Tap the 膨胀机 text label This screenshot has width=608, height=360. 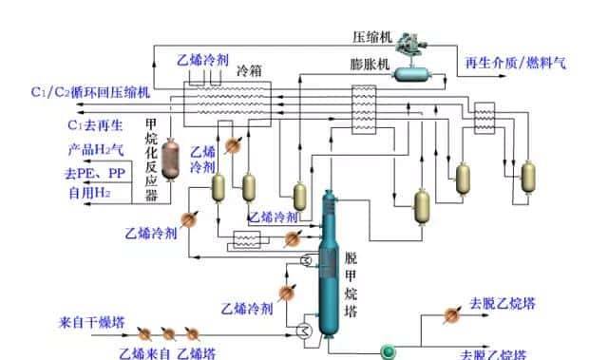click(x=370, y=65)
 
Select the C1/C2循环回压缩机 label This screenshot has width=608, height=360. click(x=90, y=92)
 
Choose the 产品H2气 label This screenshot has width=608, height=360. click(x=96, y=149)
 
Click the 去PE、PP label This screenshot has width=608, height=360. click(x=95, y=174)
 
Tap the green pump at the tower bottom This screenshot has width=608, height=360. click(x=388, y=351)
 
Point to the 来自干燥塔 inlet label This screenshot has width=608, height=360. click(x=91, y=323)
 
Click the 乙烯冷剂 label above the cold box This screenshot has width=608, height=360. click(x=202, y=59)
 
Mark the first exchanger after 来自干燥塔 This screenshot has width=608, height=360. click(x=145, y=334)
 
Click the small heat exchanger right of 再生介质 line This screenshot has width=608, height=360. click(x=485, y=118)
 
